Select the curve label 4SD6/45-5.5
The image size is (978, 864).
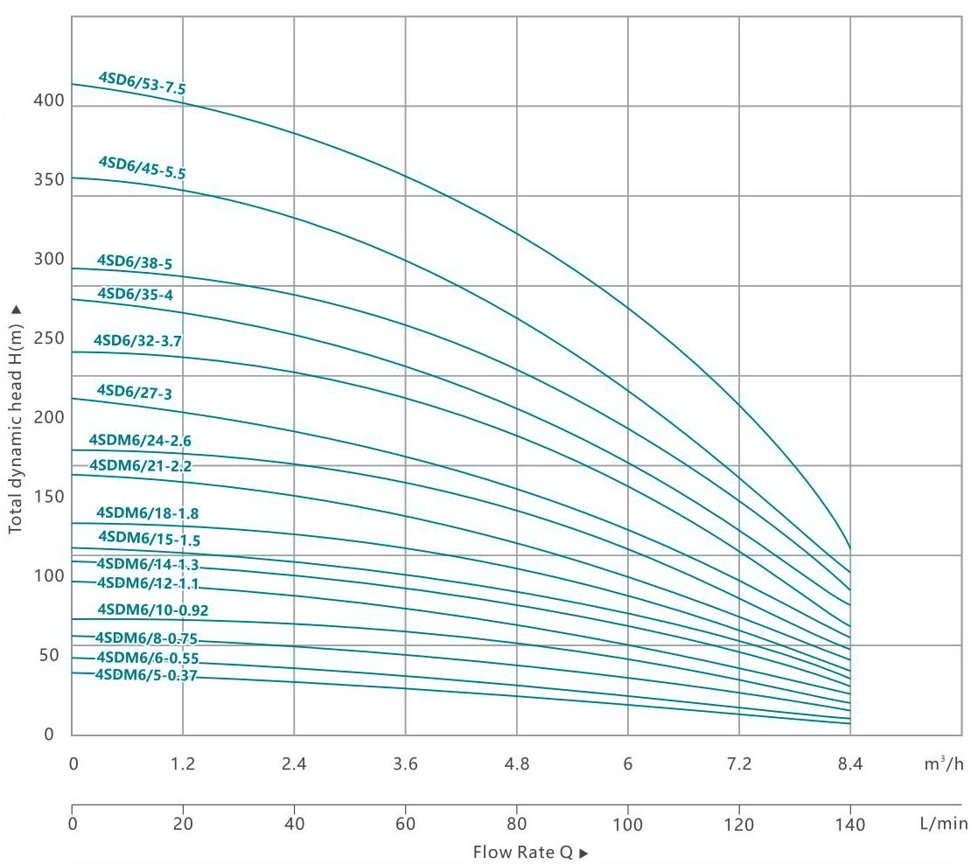(x=142, y=167)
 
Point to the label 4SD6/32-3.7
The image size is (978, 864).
(x=137, y=340)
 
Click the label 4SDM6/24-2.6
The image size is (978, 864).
(x=140, y=441)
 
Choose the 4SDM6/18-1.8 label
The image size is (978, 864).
(x=142, y=513)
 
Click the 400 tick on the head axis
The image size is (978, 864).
(x=50, y=101)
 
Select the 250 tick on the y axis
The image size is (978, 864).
(x=50, y=338)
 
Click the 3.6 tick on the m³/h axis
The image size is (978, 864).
(x=405, y=763)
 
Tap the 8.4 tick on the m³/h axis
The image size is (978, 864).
(x=849, y=763)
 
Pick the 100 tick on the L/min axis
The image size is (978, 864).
(x=627, y=825)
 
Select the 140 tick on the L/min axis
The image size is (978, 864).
(x=849, y=825)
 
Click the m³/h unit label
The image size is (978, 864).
(x=945, y=763)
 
